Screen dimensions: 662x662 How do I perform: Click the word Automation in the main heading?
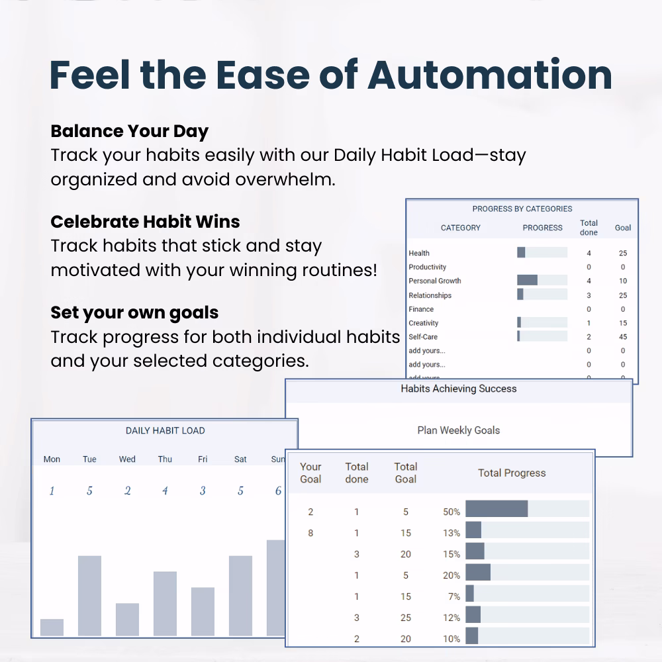[x=490, y=75]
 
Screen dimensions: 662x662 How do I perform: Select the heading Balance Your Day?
[x=129, y=131]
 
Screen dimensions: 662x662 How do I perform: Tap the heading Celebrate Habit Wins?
[x=145, y=222]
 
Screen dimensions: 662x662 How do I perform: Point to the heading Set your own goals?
[x=134, y=313]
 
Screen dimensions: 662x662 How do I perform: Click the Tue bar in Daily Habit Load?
[x=89, y=596]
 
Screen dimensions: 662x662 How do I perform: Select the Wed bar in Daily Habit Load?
[x=127, y=620]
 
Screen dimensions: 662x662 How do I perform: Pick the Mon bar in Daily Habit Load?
[x=52, y=628]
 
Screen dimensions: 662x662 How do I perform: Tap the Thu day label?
[x=165, y=459]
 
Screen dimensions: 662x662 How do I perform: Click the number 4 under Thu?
[x=165, y=491]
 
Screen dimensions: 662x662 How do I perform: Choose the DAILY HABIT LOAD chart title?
[x=165, y=431]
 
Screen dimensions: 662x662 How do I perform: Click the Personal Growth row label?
[x=435, y=281]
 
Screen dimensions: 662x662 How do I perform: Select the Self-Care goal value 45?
[x=623, y=337]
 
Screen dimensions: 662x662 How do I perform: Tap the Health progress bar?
[x=542, y=252]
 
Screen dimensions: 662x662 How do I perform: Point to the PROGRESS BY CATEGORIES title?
[x=522, y=209]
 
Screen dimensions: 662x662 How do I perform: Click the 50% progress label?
[x=451, y=512]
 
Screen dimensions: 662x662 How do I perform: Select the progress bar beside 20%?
[x=528, y=572]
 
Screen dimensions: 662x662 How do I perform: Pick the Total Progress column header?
[x=512, y=473]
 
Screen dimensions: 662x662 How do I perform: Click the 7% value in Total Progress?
[x=454, y=596]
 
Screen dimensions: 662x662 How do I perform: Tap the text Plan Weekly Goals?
[x=459, y=430]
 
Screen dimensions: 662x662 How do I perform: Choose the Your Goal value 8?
[x=310, y=533]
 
